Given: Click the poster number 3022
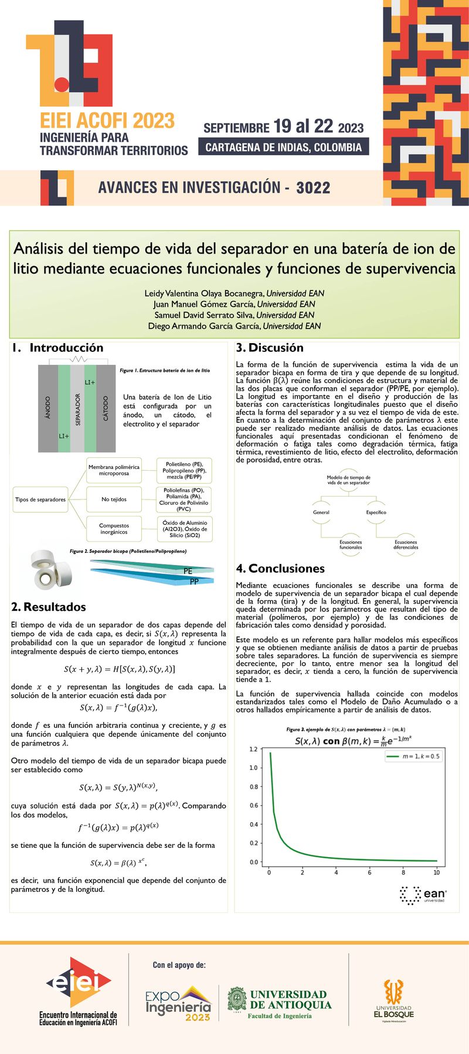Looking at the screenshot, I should (x=313, y=188).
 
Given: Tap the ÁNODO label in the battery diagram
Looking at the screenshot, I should (x=48, y=408).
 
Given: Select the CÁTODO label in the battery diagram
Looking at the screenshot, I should (x=106, y=408).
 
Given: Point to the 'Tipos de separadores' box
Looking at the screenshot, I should (x=40, y=499).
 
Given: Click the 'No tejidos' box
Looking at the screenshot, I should (x=114, y=499).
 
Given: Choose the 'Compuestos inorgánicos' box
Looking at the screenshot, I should (x=114, y=529).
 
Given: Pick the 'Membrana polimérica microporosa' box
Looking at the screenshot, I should (x=114, y=470).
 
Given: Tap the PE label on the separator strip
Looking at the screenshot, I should (x=188, y=571).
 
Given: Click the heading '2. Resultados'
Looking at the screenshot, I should (x=49, y=607).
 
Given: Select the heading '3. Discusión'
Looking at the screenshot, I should (x=270, y=348).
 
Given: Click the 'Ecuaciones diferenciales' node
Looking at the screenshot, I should (x=406, y=545).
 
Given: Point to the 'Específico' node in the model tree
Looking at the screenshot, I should (x=376, y=512).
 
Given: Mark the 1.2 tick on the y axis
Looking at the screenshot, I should (x=253, y=749).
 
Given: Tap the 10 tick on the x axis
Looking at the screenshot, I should (x=436, y=872).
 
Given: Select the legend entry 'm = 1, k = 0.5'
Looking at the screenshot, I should (x=413, y=757).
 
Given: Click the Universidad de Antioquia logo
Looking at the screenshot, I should (x=280, y=1004).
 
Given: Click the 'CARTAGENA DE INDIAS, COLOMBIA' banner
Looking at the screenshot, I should (x=284, y=147).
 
